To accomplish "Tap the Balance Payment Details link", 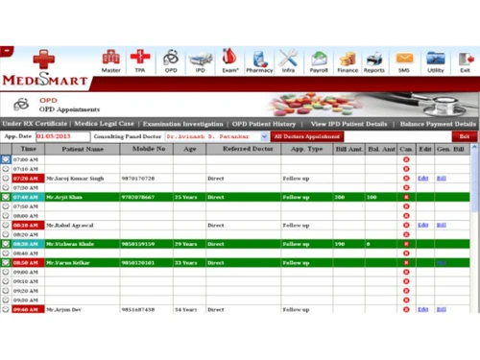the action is (x=438, y=124).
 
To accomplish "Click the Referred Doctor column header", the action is (x=243, y=149).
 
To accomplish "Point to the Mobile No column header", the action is (x=148, y=149).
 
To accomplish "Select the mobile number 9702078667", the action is (x=138, y=197).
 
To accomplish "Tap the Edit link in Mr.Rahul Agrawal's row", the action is (x=423, y=225).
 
